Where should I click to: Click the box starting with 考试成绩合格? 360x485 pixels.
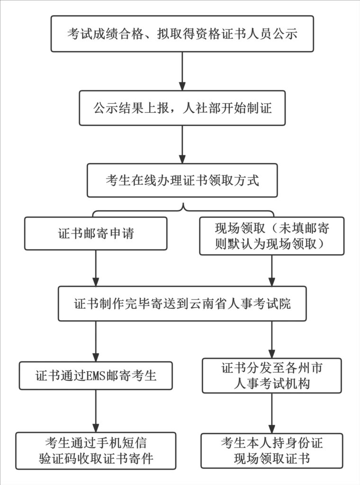click(x=182, y=34)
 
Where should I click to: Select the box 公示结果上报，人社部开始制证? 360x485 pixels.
click(x=182, y=108)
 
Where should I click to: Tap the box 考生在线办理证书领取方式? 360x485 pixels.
click(x=182, y=180)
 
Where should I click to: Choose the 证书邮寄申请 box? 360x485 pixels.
click(x=96, y=234)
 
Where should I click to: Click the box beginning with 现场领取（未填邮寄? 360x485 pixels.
click(x=271, y=236)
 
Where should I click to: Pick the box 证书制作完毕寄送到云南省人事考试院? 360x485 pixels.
click(x=182, y=303)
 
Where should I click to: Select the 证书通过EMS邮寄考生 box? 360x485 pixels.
click(x=96, y=376)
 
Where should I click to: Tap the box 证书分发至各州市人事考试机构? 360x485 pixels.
click(x=271, y=376)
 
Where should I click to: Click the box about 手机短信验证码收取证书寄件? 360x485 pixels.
click(x=96, y=450)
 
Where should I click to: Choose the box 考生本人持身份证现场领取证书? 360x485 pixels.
click(x=271, y=450)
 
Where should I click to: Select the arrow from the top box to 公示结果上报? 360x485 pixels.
click(x=182, y=71)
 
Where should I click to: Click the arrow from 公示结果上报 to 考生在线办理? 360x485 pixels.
click(x=182, y=144)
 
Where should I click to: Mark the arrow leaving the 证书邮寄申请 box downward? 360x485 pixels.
click(x=96, y=268)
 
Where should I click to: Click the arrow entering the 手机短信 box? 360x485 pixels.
click(x=96, y=411)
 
